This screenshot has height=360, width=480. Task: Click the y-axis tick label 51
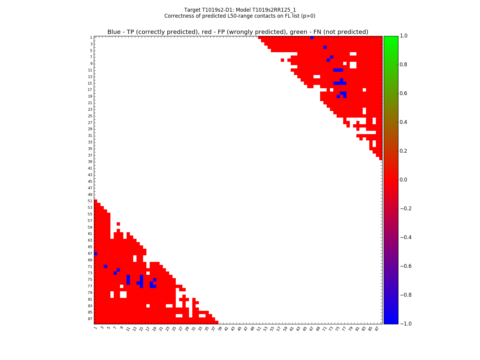click(x=90, y=201)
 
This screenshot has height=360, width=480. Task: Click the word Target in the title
click(x=192, y=10)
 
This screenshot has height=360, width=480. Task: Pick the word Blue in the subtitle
click(x=114, y=32)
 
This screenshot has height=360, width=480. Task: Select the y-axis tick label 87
click(x=90, y=319)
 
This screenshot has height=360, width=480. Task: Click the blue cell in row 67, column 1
click(x=95, y=253)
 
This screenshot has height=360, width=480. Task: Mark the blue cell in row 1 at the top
click(x=312, y=37)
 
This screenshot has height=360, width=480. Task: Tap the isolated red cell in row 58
click(x=118, y=224)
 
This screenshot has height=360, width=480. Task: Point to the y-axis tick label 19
click(x=90, y=96)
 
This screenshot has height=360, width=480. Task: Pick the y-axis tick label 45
click(x=90, y=181)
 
